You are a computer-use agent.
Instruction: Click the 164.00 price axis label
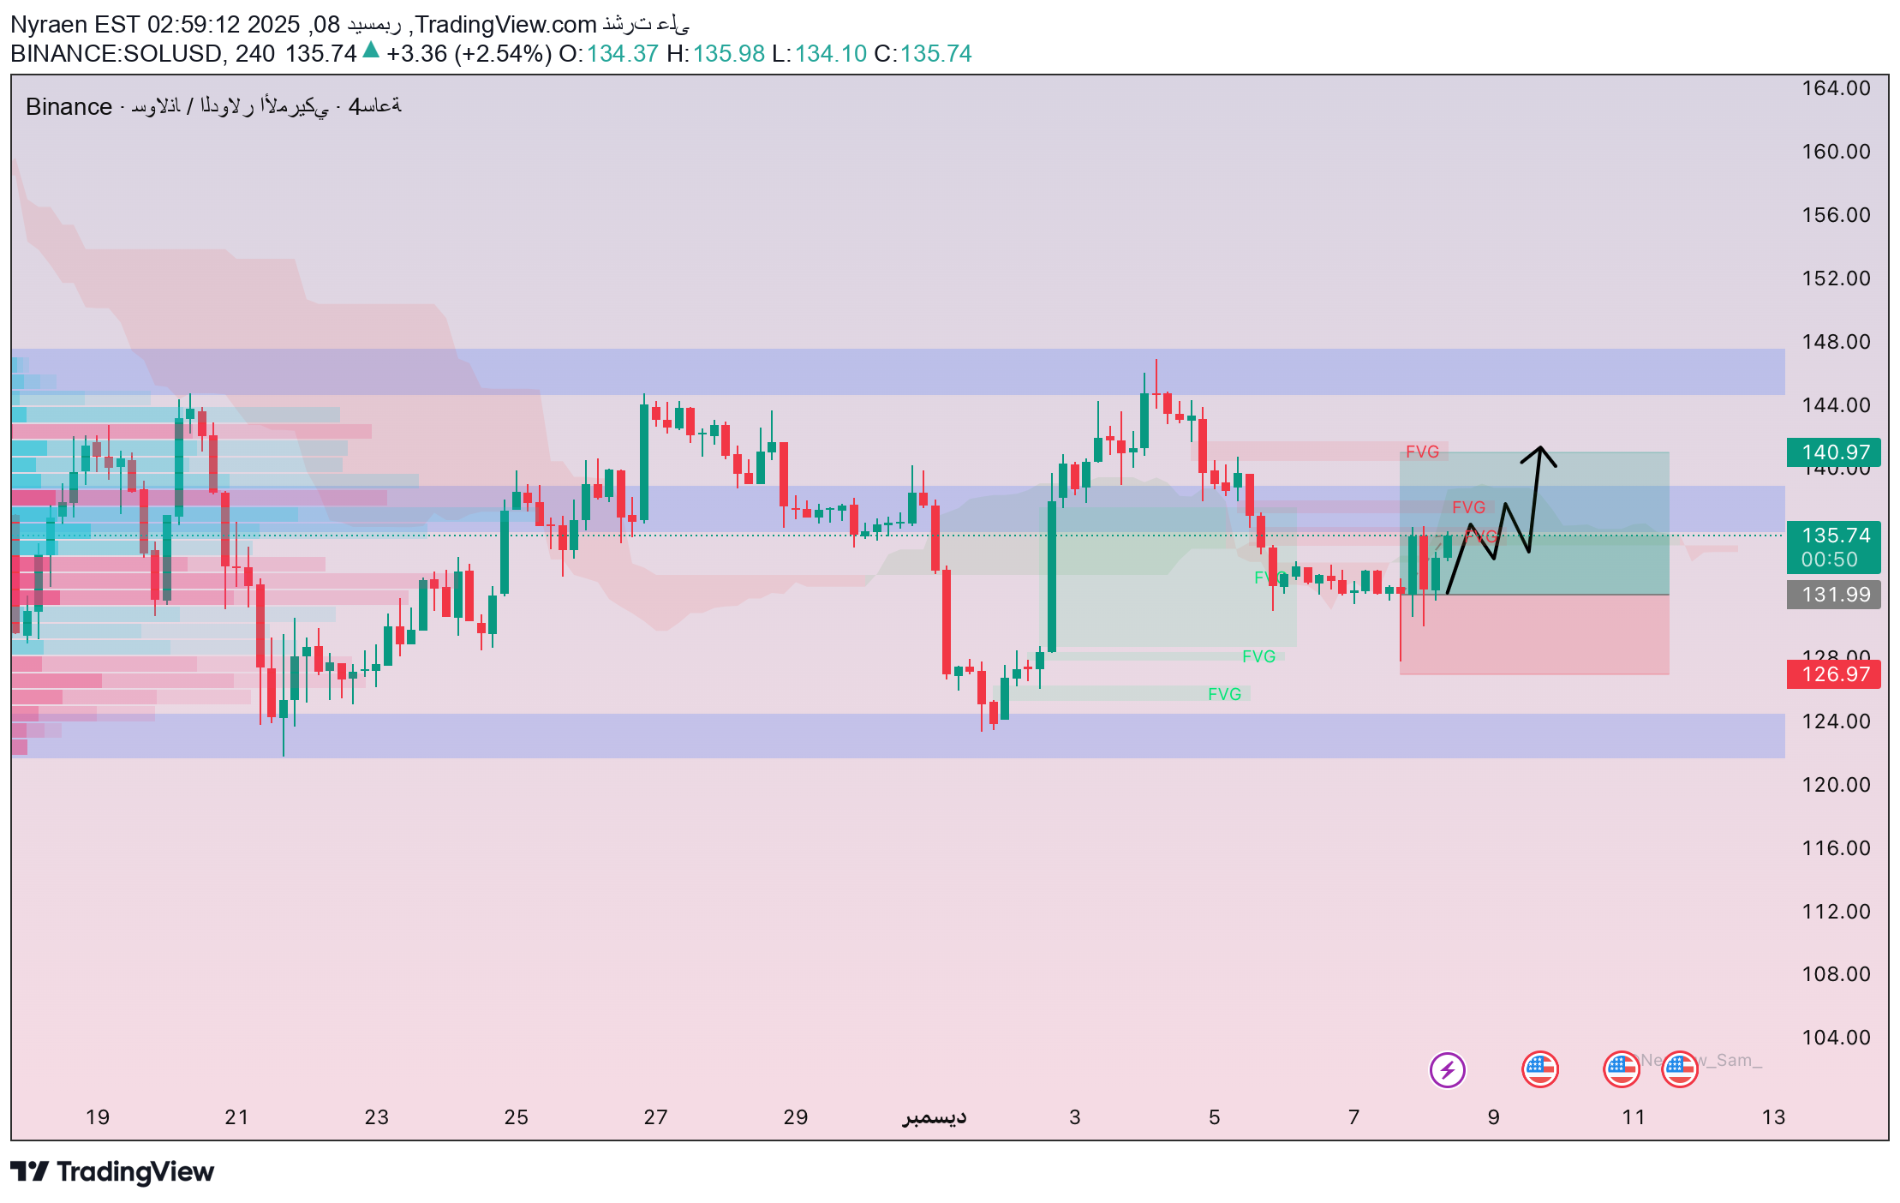tap(1836, 88)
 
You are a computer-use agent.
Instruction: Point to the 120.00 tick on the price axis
tap(1836, 785)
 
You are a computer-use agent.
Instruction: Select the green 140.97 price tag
tap(1833, 452)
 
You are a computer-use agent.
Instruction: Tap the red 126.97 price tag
tap(1833, 674)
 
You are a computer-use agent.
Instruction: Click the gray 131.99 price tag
tap(1833, 595)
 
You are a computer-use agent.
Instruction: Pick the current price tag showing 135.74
tap(1833, 536)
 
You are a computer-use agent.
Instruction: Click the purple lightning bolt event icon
tap(1447, 1069)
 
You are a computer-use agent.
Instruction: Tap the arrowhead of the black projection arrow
tap(1540, 449)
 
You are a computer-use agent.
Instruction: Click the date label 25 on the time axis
tap(517, 1117)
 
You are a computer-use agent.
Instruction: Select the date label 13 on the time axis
tap(1773, 1117)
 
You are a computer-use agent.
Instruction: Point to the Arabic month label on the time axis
tap(934, 1117)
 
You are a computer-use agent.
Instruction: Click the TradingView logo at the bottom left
tap(112, 1171)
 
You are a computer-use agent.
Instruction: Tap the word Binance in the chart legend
tap(69, 107)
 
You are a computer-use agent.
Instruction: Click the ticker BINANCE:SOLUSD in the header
tap(116, 54)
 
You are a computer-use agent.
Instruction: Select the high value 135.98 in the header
tap(728, 54)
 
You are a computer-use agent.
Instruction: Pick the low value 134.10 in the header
tap(830, 54)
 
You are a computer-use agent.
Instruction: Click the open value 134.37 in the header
tap(622, 54)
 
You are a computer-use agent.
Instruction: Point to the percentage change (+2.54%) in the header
tap(503, 54)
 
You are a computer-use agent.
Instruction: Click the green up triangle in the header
tap(371, 51)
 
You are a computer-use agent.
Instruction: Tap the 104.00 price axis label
tap(1836, 1038)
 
